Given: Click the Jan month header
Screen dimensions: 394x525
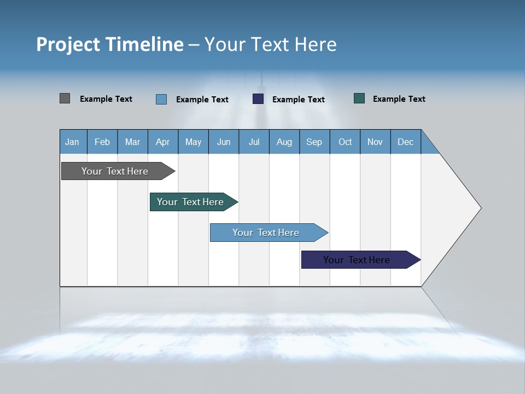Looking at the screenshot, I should click(x=72, y=142).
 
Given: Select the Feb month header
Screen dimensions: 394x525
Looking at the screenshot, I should click(x=102, y=142).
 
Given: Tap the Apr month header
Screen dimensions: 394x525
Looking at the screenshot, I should click(x=162, y=142).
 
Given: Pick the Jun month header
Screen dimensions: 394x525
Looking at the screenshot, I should click(x=224, y=142).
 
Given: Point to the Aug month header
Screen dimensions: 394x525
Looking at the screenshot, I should click(x=284, y=142).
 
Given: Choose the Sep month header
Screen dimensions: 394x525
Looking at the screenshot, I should click(x=314, y=142).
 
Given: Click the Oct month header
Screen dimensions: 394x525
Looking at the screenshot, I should click(x=345, y=142).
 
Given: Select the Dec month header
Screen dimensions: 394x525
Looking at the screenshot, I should click(x=405, y=142).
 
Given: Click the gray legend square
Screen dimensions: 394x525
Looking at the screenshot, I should click(x=65, y=99).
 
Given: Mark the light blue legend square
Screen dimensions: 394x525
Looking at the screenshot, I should click(x=161, y=99).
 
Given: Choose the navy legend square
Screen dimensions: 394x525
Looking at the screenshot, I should click(x=258, y=99).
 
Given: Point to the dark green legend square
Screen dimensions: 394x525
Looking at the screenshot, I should click(x=359, y=99).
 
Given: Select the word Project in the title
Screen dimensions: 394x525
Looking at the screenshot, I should click(x=68, y=44).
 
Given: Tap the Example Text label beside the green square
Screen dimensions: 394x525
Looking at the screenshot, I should click(x=399, y=99).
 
